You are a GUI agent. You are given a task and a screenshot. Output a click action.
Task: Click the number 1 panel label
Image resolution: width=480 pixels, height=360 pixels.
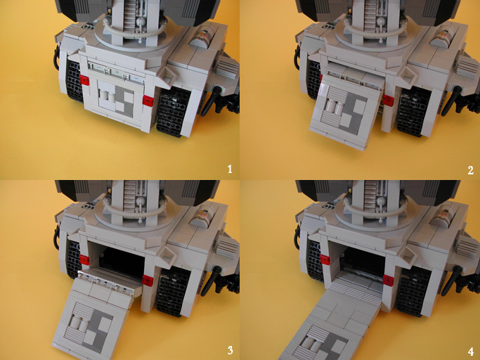click(229, 169)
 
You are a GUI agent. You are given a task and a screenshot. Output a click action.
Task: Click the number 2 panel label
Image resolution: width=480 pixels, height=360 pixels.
click(469, 169)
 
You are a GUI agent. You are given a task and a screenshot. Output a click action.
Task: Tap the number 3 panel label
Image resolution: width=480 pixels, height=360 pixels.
click(229, 349)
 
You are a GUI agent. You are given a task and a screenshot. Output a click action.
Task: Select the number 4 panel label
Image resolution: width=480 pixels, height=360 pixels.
click(469, 349)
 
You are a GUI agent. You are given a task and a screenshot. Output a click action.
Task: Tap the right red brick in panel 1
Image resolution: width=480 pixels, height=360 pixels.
click(148, 101)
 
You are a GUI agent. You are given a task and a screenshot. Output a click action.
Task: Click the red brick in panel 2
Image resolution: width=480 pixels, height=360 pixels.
click(387, 101)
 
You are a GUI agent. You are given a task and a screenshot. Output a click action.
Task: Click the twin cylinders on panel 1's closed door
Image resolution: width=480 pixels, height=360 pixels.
click(106, 94)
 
